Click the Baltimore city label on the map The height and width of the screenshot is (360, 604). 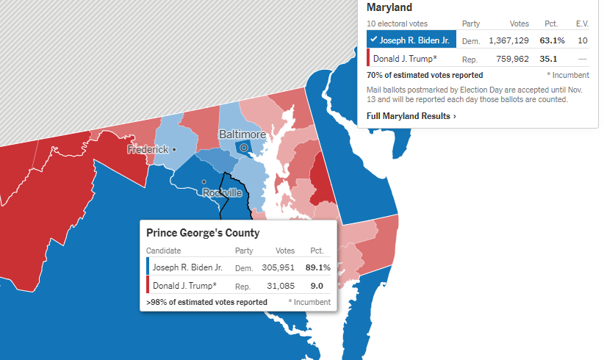pyautogui.click(x=242, y=135)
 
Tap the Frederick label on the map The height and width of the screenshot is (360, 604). pyautogui.click(x=148, y=149)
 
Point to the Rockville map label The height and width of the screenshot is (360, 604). pyautogui.click(x=222, y=192)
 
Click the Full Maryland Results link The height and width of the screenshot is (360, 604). pyautogui.click(x=411, y=116)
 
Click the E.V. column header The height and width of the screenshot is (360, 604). pyautogui.click(x=583, y=24)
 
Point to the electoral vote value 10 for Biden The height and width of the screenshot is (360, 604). pyautogui.click(x=583, y=40)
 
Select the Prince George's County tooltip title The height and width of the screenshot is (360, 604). pyautogui.click(x=203, y=234)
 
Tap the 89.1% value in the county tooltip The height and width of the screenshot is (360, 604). pyautogui.click(x=318, y=267)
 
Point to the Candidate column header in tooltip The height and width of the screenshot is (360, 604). pyautogui.click(x=164, y=251)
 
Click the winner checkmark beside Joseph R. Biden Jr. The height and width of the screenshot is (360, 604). pyautogui.click(x=374, y=40)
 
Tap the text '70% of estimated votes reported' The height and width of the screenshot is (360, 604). pyautogui.click(x=425, y=75)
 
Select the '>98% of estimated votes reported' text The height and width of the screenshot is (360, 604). pyautogui.click(x=206, y=302)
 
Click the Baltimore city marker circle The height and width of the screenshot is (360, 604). pyautogui.click(x=245, y=148)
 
